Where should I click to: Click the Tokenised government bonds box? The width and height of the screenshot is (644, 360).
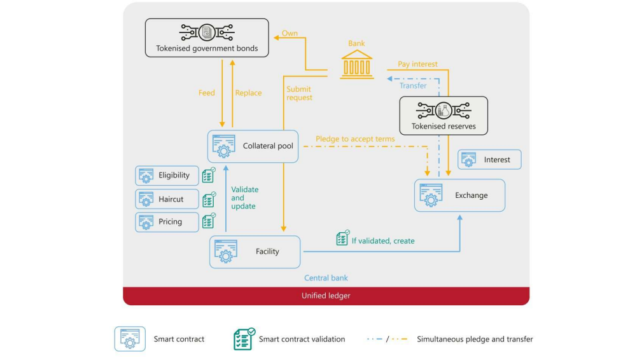point(207,38)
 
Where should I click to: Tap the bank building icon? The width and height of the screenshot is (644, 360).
point(356,65)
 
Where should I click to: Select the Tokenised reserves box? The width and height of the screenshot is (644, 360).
point(443,116)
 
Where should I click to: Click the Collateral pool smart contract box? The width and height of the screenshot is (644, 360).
point(253,146)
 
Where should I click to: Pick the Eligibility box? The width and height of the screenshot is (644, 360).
point(167,176)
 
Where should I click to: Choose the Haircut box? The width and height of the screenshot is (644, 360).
point(167,199)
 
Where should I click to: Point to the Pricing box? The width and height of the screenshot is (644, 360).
point(167,222)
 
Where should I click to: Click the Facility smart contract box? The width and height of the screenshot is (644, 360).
point(255,252)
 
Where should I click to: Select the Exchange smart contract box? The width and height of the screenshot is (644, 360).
point(459,195)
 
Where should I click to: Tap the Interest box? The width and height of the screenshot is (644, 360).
point(489,160)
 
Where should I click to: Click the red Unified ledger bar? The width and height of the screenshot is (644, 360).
point(326,296)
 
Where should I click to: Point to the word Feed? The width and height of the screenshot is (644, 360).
point(207,93)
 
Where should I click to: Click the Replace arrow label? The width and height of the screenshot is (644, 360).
point(248,93)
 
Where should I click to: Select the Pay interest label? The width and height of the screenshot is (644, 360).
point(417,64)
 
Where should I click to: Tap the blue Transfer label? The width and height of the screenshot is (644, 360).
point(413,86)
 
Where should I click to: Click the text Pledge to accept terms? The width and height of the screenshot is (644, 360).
point(355,139)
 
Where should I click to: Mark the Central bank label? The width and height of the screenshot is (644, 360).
point(326,278)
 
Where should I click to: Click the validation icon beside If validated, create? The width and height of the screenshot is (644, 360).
point(342,239)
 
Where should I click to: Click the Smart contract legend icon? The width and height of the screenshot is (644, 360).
point(130,339)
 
